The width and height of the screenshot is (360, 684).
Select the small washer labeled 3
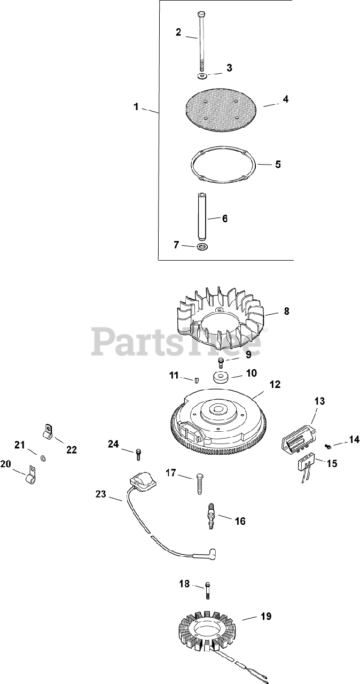coord(202,76)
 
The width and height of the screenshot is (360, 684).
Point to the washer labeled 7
coord(202,247)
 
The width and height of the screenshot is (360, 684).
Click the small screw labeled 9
coord(222,362)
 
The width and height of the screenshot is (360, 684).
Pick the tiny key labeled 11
coord(196,380)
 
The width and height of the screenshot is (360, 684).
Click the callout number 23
coord(101,494)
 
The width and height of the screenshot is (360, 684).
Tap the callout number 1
coord(136,107)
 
